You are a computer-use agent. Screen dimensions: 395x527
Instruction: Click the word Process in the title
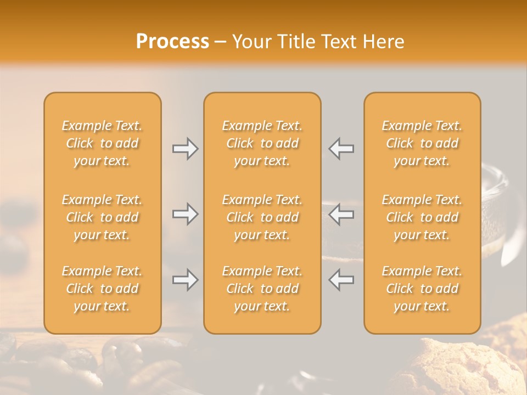172,42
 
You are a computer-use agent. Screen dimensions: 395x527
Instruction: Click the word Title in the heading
295,42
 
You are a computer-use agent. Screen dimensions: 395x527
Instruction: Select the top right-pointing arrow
186,149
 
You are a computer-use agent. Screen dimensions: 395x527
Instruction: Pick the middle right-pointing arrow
186,214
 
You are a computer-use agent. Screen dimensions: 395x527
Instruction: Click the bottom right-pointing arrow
186,280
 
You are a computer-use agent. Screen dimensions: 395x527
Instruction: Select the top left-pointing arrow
341,149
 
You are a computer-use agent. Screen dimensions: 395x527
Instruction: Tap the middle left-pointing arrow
341,214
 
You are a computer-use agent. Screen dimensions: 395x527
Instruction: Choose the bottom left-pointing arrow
341,280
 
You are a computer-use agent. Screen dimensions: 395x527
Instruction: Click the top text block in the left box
102,143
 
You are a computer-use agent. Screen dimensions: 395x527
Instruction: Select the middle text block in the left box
102,217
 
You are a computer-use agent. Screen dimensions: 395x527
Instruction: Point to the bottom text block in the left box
102,289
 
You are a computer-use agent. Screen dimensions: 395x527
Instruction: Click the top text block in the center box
262,143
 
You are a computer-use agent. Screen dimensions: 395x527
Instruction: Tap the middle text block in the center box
262,217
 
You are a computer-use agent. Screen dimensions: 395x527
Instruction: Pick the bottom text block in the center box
262,289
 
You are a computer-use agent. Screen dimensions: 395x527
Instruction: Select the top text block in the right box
422,143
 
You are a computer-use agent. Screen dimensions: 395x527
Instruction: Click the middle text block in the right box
422,217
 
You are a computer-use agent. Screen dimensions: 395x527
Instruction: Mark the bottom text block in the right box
422,289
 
